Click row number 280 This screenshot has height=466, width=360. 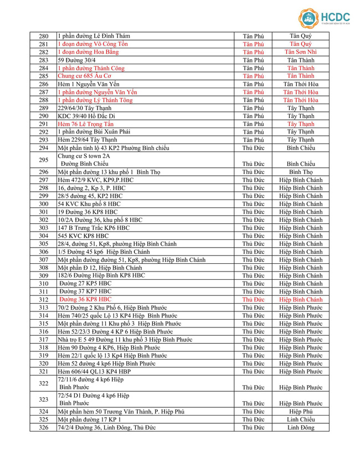tap(44, 36)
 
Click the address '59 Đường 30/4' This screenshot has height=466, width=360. tap(77, 60)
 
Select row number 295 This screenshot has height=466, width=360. tap(44, 160)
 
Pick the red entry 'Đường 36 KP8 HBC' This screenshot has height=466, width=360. tap(85, 299)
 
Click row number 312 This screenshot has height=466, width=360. tap(44, 299)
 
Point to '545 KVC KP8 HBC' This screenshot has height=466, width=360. tap(81, 235)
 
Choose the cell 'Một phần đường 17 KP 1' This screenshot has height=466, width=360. tap(90, 419)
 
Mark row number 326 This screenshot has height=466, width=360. tap(44, 427)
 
